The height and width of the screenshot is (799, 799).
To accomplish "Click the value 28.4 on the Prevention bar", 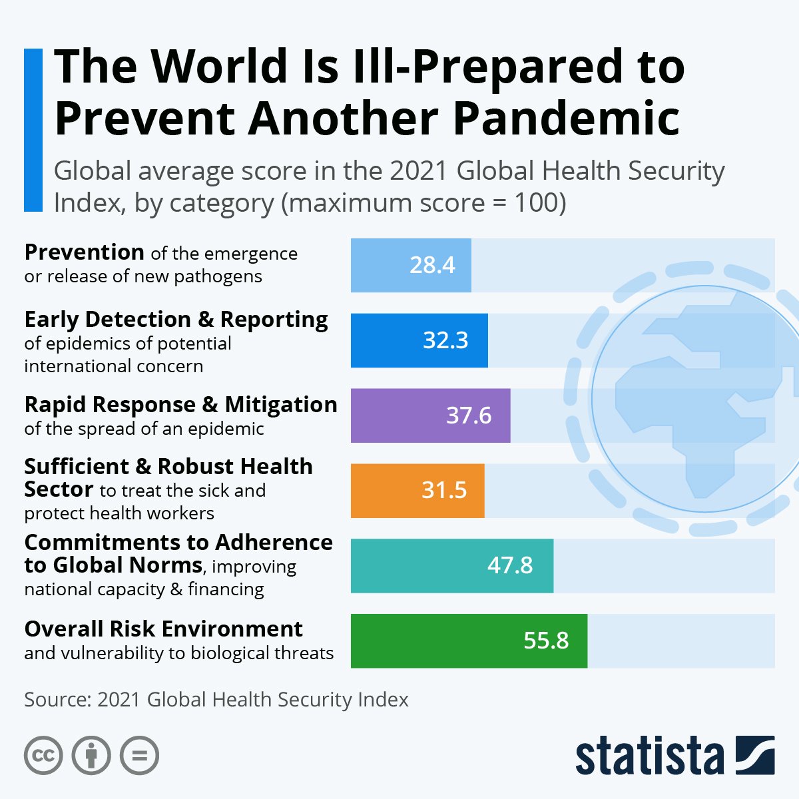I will (x=432, y=265).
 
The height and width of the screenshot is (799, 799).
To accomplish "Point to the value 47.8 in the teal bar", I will (x=510, y=565).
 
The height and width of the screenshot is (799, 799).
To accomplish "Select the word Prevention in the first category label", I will (x=84, y=252).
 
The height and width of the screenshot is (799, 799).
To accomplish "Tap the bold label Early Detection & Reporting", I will (x=176, y=320).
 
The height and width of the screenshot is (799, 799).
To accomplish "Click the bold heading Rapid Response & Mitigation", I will (x=180, y=405).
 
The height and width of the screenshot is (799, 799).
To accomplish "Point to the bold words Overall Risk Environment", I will (x=163, y=629).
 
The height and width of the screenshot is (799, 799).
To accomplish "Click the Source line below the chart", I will (x=216, y=700).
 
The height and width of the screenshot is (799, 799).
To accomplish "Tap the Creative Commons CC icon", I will (x=43, y=756).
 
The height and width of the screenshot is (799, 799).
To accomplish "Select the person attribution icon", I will (x=91, y=756).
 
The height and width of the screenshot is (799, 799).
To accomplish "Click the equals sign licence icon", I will (x=139, y=756).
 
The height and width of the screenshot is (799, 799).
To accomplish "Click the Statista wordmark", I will (x=649, y=756).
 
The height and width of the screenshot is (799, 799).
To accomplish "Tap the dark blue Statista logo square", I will (x=755, y=755).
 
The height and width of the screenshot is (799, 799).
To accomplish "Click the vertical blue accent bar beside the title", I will (x=33, y=130).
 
